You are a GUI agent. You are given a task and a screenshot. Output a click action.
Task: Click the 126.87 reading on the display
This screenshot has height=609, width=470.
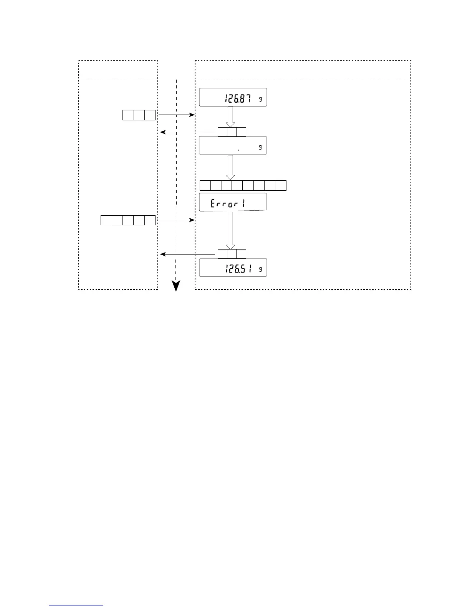point(238,99)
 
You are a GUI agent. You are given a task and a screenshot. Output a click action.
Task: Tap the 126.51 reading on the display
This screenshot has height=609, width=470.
point(238,270)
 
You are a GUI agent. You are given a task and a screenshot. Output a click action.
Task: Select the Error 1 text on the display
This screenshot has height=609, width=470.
point(227,204)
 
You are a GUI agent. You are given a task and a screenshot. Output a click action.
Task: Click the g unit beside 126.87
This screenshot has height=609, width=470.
point(261,99)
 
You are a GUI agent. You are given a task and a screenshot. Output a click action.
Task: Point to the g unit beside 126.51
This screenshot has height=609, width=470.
point(261,270)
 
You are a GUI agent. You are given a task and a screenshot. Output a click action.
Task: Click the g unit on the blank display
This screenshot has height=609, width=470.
point(261,147)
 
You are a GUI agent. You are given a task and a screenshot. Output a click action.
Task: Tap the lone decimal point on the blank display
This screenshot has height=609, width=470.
point(239,150)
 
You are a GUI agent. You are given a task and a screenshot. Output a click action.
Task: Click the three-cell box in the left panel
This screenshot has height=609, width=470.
point(139,115)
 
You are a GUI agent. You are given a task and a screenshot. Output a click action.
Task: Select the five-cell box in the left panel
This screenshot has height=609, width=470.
point(128,220)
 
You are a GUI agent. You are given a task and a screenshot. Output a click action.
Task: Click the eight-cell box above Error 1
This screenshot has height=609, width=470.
point(243,185)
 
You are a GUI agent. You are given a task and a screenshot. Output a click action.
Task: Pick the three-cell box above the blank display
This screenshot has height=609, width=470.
point(232,132)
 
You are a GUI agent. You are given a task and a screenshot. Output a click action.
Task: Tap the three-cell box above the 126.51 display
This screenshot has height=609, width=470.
point(232,254)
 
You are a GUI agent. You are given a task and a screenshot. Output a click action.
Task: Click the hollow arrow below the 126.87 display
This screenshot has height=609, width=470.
point(230,116)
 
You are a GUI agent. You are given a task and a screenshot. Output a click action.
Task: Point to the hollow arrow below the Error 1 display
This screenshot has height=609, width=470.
point(230,230)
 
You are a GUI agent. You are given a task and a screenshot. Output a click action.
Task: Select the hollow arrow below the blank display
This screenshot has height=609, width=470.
point(230,167)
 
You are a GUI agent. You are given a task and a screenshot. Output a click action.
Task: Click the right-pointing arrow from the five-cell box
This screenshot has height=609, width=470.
point(176,220)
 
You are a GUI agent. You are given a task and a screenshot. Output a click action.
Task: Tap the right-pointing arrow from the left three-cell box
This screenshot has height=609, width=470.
point(176,115)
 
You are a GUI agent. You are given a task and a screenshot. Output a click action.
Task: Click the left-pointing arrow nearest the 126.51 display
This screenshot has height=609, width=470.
point(187,254)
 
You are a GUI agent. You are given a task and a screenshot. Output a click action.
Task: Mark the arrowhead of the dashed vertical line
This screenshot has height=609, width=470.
point(176,286)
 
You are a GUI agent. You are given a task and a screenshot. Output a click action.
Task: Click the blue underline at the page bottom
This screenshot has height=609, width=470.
point(76,606)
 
